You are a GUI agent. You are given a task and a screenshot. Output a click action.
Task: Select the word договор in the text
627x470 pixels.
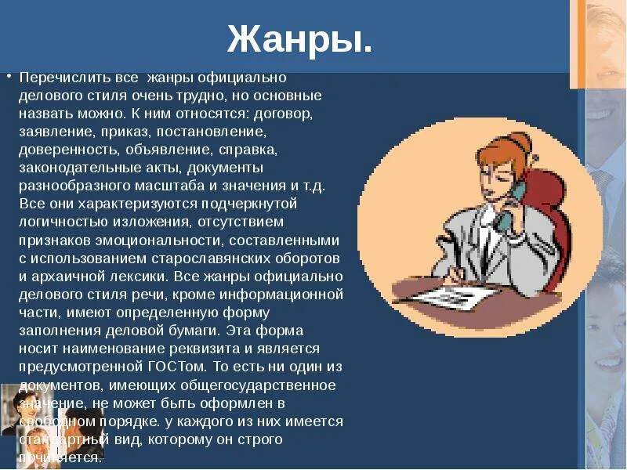pos(287,114)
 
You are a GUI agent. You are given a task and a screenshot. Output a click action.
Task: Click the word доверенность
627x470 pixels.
pos(66,149)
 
